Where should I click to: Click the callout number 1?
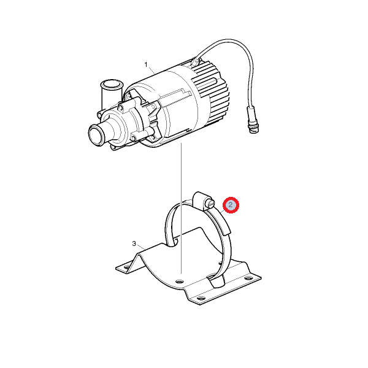pos(146,64)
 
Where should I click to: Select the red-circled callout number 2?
pos(231,205)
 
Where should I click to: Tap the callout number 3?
pos(134,243)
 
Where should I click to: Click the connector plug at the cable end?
pos(252,120)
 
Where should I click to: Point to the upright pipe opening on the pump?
pos(112,84)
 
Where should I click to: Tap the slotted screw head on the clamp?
pos(210,203)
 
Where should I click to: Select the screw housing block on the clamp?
pos(200,199)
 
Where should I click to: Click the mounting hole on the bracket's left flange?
pos(127,267)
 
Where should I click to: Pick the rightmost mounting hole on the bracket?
pos(248,278)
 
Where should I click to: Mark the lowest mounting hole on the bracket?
pos(201,299)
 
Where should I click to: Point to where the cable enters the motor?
pos(194,61)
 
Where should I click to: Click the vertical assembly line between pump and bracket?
pos(181,208)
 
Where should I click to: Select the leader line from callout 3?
pos(141,247)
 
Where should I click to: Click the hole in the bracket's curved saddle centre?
pos(179,281)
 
